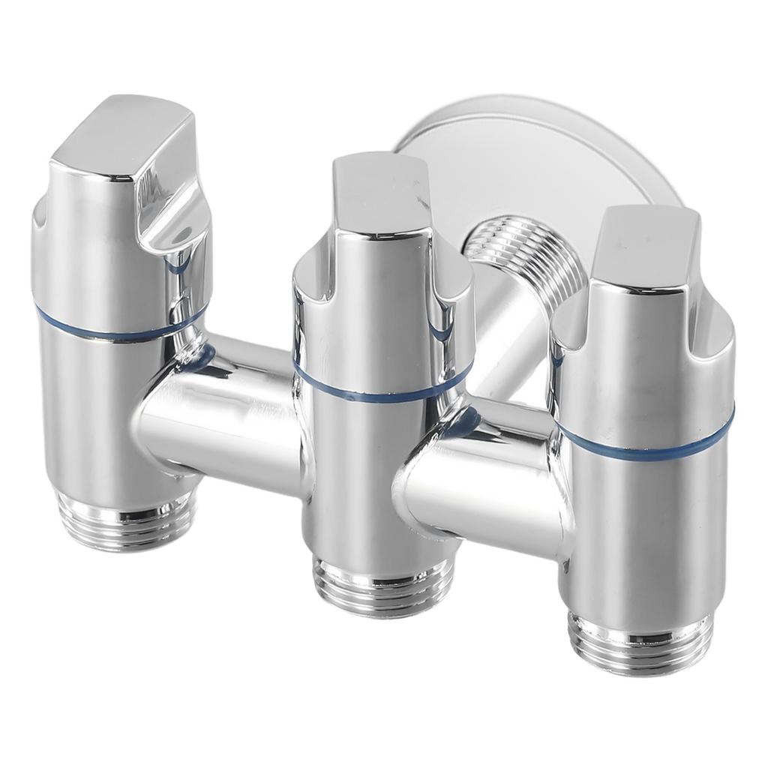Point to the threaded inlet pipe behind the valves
(x=525, y=255)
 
